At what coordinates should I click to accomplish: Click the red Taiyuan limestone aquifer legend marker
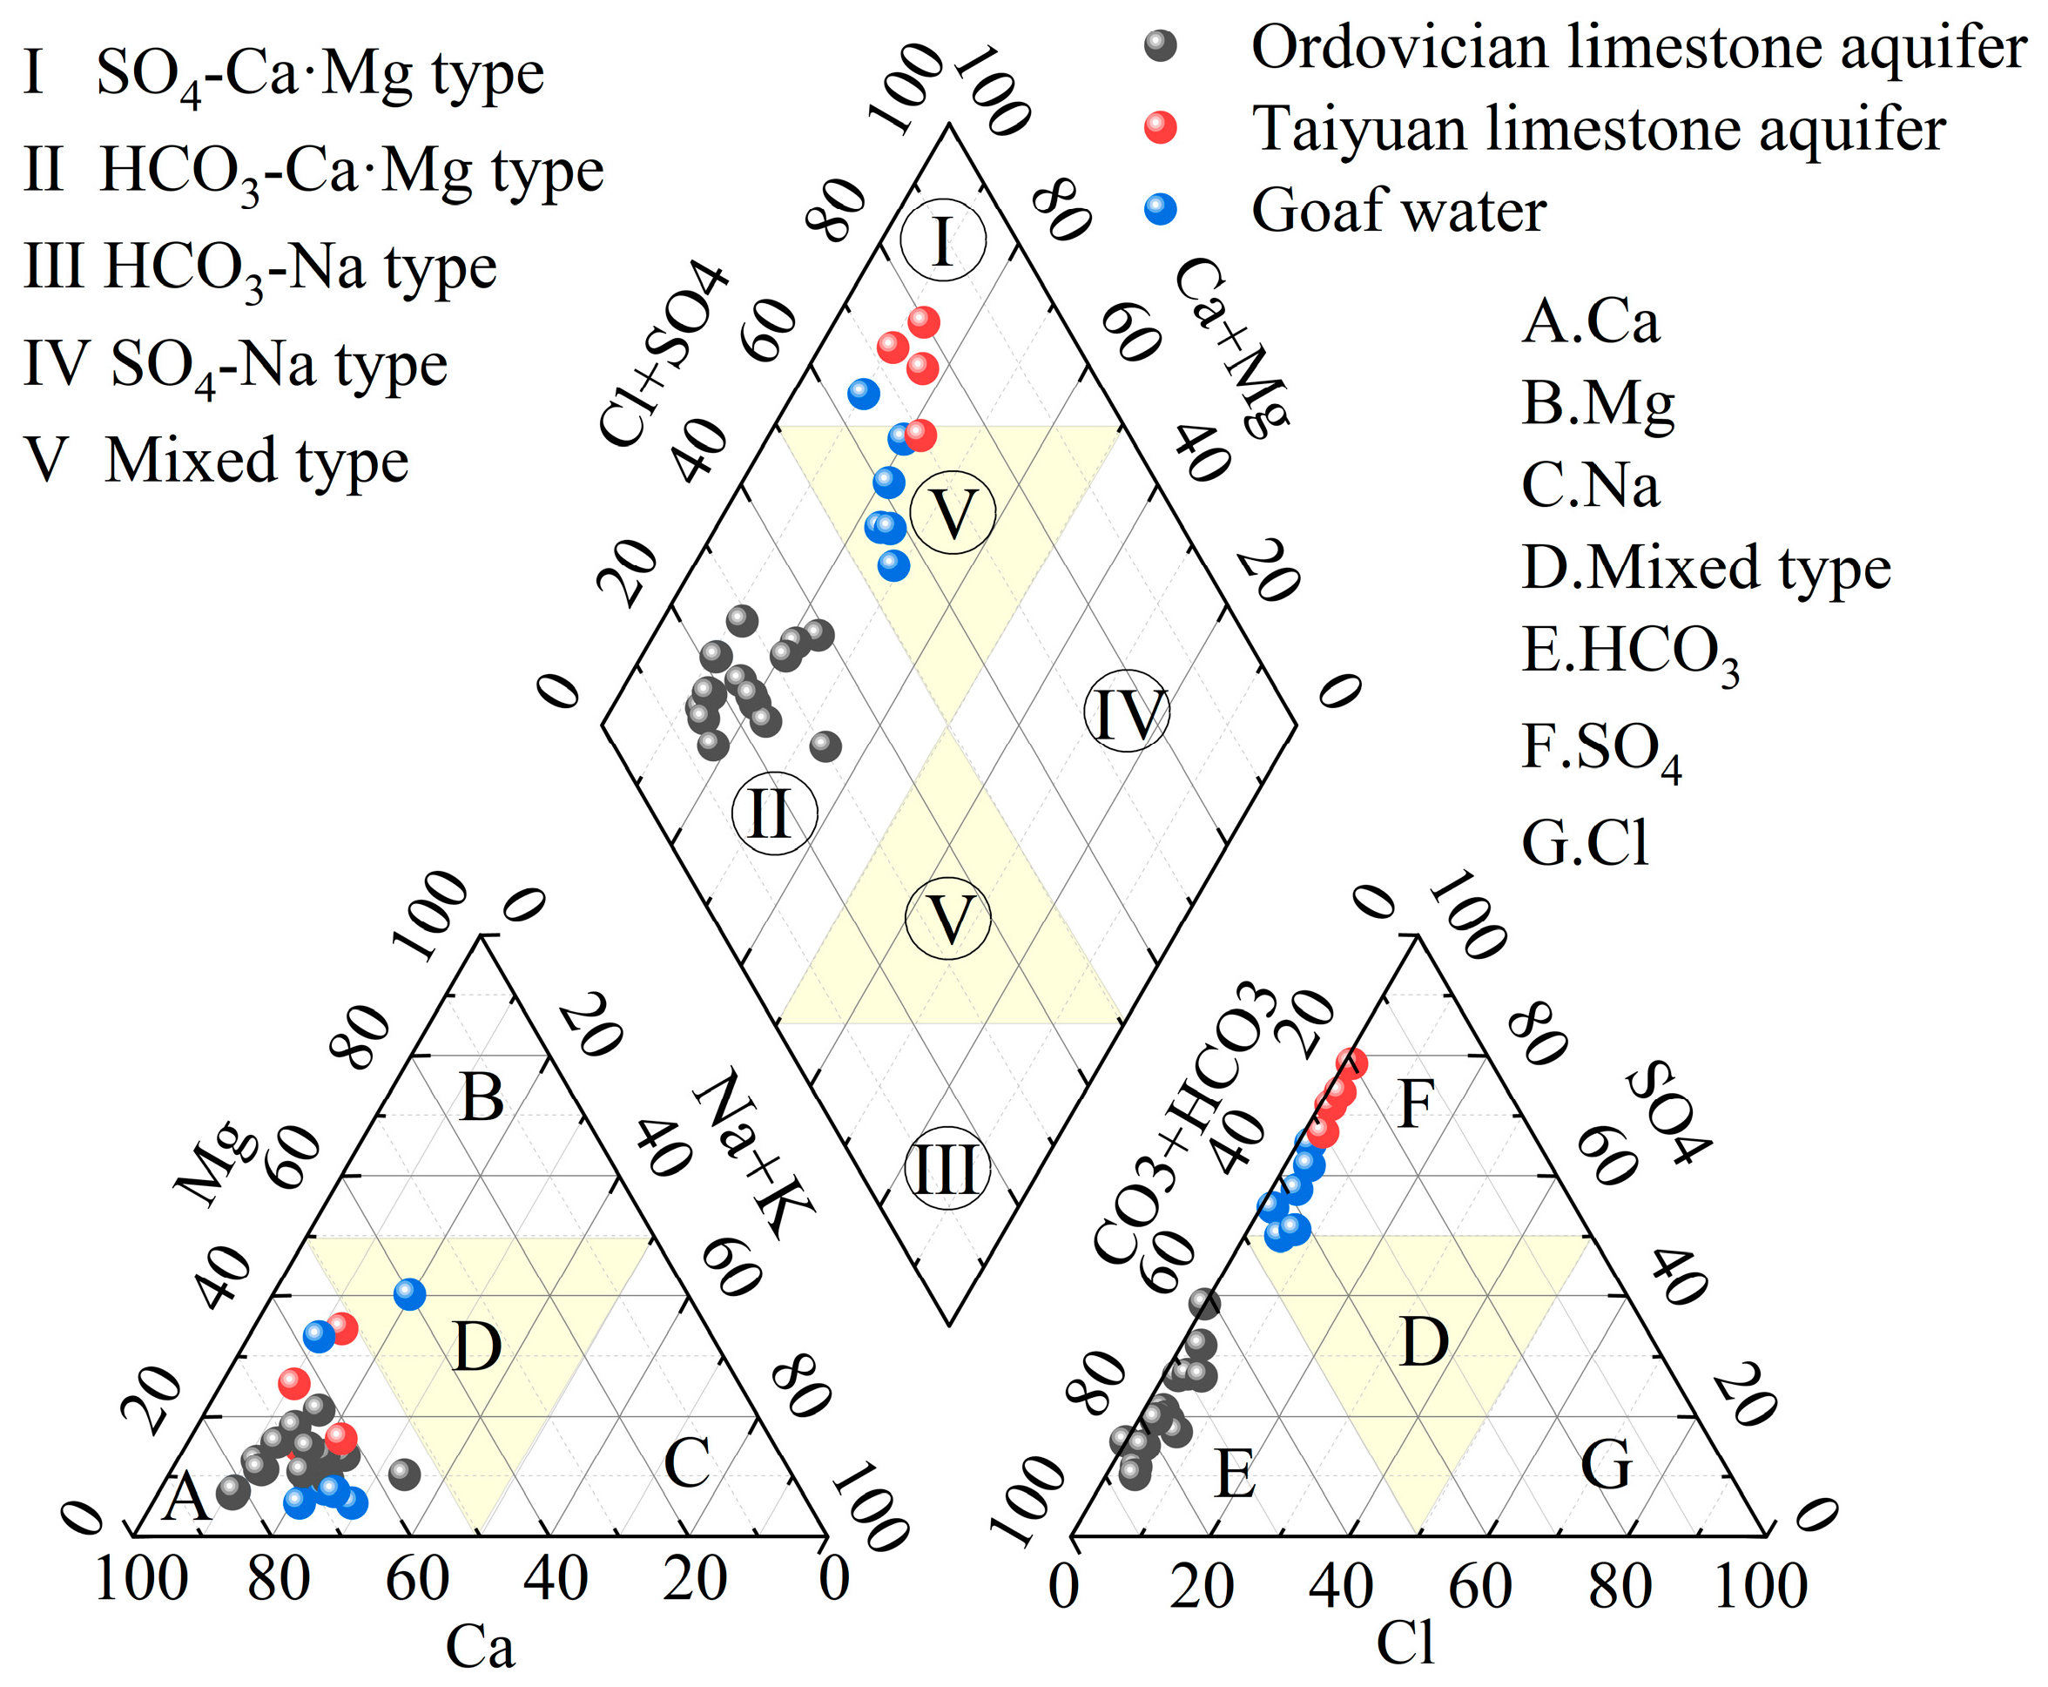pyautogui.click(x=1160, y=127)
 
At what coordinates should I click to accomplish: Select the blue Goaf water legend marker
pyautogui.click(x=1160, y=209)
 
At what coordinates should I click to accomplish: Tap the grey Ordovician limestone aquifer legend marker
pyautogui.click(x=1160, y=44)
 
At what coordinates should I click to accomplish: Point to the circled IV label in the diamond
pyautogui.click(x=1127, y=712)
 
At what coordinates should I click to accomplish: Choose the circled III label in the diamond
pyautogui.click(x=947, y=1168)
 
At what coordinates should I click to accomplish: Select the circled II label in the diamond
pyautogui.click(x=774, y=813)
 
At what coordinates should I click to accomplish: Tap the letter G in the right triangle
pyautogui.click(x=1606, y=1463)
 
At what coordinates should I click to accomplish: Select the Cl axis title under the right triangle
pyautogui.click(x=1405, y=1643)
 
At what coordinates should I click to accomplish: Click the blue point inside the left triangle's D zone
pyautogui.click(x=410, y=1294)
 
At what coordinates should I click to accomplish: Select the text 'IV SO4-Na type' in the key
pyautogui.click(x=235, y=367)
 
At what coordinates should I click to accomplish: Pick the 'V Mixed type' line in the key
pyautogui.click(x=216, y=460)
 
